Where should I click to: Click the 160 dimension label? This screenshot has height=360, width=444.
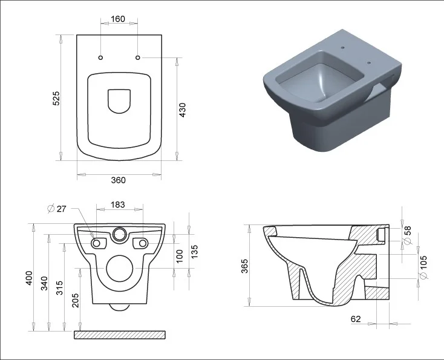tap(118, 19)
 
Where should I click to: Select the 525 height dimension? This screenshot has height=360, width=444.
tap(56, 98)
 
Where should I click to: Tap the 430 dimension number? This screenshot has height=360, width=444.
tap(183, 110)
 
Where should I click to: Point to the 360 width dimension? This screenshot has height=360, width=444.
tap(119, 180)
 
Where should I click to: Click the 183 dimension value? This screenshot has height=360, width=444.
tap(117, 205)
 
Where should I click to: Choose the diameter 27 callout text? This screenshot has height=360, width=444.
tap(57, 209)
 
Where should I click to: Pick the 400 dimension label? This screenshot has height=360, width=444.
tap(29, 278)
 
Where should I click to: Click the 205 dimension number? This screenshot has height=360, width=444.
tap(76, 300)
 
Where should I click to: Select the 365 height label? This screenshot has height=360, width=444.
tap(244, 266)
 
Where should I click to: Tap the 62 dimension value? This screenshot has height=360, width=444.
tap(356, 319)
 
